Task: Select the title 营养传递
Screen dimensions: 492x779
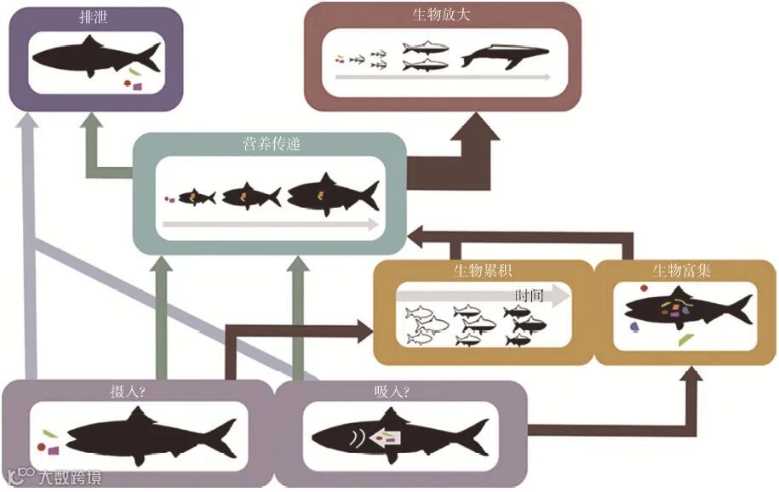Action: tap(271, 145)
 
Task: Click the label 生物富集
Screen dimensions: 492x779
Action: tap(682, 272)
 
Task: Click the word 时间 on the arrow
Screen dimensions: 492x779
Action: tap(529, 295)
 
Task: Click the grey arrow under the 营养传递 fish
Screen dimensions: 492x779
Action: tap(270, 225)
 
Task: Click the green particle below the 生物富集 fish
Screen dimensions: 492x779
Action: tap(684, 339)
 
